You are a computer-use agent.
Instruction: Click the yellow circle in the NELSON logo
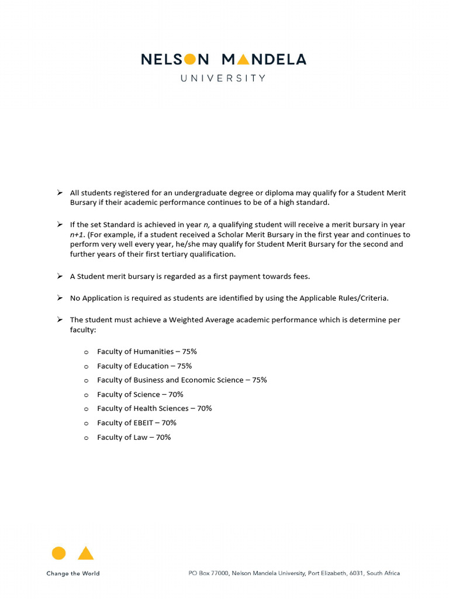pos(189,59)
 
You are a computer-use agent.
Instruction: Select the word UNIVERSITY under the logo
pos(223,78)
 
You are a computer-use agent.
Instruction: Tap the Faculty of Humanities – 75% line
pos(147,352)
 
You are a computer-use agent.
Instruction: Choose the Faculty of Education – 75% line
pos(144,366)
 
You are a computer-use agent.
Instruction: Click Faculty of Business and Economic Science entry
pos(182,380)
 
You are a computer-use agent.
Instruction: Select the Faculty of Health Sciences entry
pos(154,408)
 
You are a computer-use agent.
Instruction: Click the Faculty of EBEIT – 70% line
pos(136,423)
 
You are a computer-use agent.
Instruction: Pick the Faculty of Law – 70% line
pos(134,437)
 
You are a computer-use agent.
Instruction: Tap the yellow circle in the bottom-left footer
pos(58,553)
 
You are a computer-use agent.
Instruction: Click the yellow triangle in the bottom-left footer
pos(86,553)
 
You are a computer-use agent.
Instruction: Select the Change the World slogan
pos(73,573)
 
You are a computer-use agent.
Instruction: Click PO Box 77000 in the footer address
pos(208,573)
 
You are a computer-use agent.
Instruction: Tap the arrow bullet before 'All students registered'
pos(60,192)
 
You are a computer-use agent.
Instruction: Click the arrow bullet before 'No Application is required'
pos(60,298)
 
